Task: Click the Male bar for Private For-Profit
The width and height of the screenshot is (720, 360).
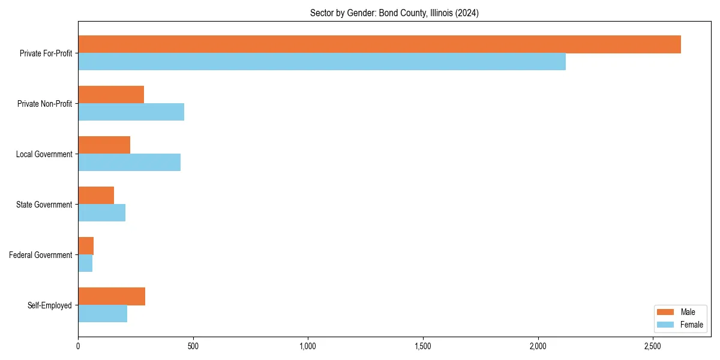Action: coord(379,44)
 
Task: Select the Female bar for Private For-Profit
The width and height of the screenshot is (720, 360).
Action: coord(322,61)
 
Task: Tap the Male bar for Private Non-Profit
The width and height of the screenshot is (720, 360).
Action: coord(111,95)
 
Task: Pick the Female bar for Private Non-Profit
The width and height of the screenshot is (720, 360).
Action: coord(131,112)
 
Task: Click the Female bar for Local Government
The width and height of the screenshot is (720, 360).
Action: coord(129,162)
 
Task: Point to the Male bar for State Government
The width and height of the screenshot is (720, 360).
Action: coord(96,196)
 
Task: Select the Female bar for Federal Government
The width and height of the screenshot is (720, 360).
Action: coord(85,263)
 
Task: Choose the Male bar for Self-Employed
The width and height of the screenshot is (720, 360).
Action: coord(112,296)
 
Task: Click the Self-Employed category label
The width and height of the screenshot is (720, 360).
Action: coord(49,305)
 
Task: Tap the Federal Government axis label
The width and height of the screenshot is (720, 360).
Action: coord(41,255)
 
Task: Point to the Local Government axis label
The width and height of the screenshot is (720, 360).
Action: coord(44,154)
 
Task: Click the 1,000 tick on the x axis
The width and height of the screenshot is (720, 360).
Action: coord(308,346)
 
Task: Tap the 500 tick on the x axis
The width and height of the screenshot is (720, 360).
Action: coord(193,346)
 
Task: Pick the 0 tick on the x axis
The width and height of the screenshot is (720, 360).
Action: coord(78,346)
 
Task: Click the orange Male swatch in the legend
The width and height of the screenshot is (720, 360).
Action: coord(665,312)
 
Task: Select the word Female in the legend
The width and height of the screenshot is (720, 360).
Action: coord(692,325)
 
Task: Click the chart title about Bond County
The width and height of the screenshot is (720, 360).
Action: coord(394,13)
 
